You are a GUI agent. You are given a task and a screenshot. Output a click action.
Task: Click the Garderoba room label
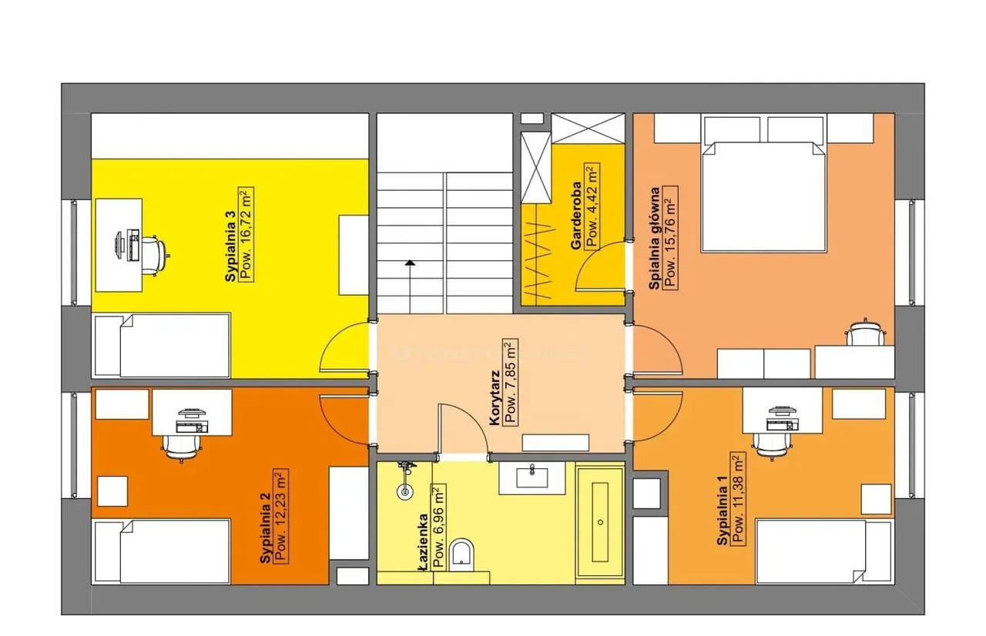point(576,216)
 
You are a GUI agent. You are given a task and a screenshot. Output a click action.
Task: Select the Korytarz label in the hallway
point(495,399)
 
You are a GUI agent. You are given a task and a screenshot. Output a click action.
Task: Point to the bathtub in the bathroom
point(600,523)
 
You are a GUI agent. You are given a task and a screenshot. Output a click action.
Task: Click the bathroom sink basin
point(532,477)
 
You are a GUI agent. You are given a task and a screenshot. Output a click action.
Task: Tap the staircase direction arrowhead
point(410,263)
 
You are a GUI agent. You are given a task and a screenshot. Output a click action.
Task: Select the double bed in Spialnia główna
point(763,196)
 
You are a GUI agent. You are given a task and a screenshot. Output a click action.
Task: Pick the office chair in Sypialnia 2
point(182,447)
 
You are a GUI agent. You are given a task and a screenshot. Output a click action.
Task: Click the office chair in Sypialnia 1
point(772,445)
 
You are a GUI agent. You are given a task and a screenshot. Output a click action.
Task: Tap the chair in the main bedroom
point(866,333)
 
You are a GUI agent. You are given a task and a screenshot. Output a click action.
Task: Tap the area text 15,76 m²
point(670,237)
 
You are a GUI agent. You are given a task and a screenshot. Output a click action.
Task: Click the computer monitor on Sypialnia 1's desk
point(781,410)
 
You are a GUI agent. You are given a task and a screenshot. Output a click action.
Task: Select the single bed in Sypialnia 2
point(163,551)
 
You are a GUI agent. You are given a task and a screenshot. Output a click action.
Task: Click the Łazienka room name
point(423,543)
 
